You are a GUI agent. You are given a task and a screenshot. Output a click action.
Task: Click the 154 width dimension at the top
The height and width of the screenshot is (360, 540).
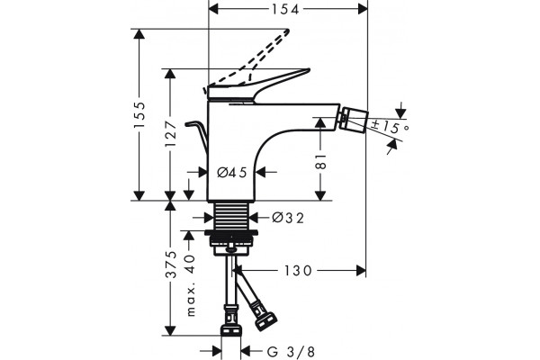pos(285,9)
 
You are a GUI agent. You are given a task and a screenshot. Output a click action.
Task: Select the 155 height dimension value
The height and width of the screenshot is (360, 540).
pos(140,115)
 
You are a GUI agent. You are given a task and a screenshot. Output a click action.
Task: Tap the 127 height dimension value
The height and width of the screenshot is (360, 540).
pos(171,133)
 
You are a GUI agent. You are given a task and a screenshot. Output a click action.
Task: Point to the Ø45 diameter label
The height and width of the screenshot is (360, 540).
pos(232,172)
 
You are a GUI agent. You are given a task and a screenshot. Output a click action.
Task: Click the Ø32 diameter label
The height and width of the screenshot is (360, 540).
pos(288,218)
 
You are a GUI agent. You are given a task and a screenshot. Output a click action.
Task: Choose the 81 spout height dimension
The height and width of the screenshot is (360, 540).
pos(320,162)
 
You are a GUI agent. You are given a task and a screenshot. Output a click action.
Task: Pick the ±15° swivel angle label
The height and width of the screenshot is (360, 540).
pos(391,127)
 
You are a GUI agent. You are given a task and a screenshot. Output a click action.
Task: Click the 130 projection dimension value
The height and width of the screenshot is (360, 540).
pos(298,271)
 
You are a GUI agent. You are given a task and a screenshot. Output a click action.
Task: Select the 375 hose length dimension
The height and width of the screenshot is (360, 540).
pos(171,265)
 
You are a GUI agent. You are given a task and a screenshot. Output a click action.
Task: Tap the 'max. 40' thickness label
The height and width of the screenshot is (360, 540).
pos(190,285)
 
